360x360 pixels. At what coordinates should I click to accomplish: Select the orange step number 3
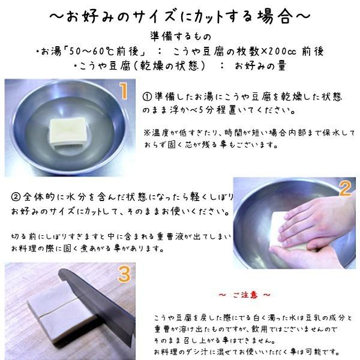coord(124,274)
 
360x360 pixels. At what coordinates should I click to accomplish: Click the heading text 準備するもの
coord(179,35)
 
